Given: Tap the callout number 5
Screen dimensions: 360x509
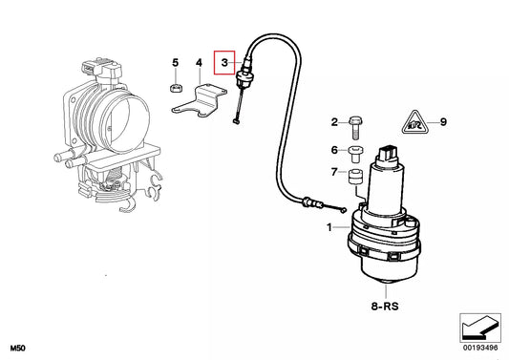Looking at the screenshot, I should click(175, 63).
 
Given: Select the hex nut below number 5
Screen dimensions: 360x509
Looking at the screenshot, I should click(175, 88).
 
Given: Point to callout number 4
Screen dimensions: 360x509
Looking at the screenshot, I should click(199, 63).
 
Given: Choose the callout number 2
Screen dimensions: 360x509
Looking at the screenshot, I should click(335, 122).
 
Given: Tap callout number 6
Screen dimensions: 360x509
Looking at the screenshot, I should click(335, 150).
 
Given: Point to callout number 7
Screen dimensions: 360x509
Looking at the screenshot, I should click(335, 172).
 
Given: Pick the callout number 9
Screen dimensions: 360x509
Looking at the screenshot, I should click(442, 122).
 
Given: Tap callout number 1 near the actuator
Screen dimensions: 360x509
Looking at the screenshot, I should click(330, 228).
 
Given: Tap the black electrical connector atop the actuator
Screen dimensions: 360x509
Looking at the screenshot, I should click(388, 153).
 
